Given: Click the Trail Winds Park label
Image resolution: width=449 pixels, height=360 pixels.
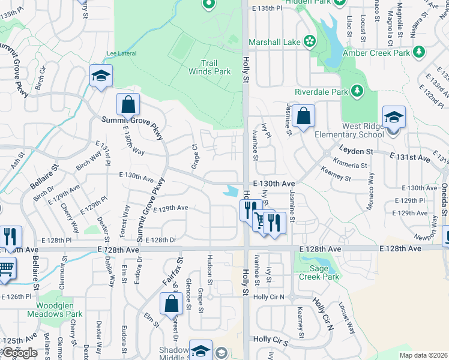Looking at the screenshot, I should pos(215,67).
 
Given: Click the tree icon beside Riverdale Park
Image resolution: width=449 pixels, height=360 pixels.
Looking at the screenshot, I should pos(357,91).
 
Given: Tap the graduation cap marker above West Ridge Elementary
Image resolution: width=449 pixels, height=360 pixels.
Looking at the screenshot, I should pos(394,118).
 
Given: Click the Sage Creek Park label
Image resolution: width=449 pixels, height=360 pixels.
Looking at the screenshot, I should pos(321,272).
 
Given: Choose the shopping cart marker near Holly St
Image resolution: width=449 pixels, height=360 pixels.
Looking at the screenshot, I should pos(261,220).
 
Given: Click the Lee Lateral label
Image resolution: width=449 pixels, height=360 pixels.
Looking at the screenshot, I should pos(119,53).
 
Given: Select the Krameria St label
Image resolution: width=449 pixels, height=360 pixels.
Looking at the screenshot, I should pos(351,165).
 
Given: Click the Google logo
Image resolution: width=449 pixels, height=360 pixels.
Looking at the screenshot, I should pos(20,353).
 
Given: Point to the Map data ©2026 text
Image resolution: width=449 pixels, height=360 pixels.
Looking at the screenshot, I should pos(423,355).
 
